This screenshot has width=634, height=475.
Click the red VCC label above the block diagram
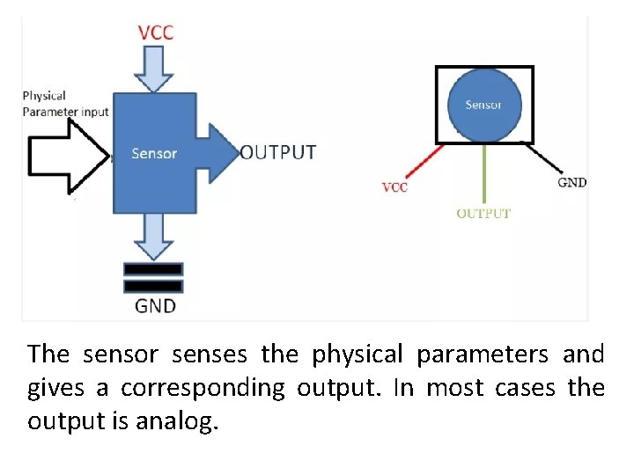156,33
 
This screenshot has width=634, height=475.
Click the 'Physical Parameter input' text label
65,104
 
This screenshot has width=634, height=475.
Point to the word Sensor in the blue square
154,153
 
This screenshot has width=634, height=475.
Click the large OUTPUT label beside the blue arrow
278,152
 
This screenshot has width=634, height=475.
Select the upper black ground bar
154,269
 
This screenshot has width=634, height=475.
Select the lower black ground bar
154,286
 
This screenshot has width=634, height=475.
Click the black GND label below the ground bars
155,306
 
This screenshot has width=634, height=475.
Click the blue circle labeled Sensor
483,104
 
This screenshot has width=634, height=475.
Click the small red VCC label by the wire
395,187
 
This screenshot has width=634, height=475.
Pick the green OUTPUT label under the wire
483,213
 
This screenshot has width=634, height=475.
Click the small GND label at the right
572,183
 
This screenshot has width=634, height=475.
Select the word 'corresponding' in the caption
203,389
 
